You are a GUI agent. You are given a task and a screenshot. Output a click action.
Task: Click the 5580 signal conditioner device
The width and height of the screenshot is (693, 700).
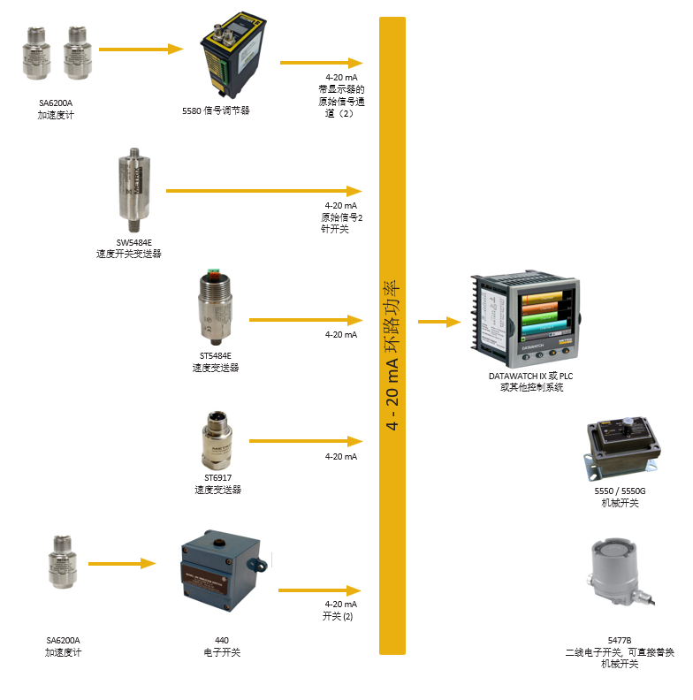pos(233,55)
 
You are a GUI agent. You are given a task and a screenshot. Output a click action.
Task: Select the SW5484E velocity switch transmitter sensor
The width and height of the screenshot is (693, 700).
pos(134,190)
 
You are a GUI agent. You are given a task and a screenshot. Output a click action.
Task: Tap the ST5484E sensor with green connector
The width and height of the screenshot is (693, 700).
pos(215,308)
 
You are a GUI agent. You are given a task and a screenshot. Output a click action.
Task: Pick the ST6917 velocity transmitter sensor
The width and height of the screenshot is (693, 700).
pos(217,440)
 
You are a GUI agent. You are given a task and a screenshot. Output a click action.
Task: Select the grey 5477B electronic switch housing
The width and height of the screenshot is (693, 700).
pos(620,571)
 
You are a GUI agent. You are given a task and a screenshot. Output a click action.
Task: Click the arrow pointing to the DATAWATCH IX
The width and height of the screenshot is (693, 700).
pos(439,322)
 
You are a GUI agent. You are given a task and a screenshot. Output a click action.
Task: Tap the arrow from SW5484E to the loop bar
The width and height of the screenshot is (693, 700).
pos(264,191)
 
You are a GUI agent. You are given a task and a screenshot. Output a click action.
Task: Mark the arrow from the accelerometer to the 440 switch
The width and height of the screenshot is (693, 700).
pos(122,564)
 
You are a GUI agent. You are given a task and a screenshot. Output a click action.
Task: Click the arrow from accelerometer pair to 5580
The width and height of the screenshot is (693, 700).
pos(141,49)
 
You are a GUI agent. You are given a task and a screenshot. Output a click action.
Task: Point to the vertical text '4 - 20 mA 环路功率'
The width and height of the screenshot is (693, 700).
pos(392,355)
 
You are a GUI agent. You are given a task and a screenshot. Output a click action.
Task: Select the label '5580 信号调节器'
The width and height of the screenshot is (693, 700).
pos(216,110)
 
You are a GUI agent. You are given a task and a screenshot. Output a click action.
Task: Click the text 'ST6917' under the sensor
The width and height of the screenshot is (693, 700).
pos(218,478)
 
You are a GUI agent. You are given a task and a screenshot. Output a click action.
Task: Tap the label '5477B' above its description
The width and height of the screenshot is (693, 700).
pos(620,641)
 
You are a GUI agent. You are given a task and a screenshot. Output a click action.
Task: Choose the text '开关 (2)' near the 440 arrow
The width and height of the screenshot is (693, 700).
pos(338,617)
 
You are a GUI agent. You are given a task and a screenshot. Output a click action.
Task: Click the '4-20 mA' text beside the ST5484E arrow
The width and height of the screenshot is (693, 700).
pos(341,335)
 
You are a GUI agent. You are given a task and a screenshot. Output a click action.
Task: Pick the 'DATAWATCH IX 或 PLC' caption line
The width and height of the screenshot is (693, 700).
pos(531,376)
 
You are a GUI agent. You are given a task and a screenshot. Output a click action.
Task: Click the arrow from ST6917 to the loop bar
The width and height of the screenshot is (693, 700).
pos(306,441)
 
